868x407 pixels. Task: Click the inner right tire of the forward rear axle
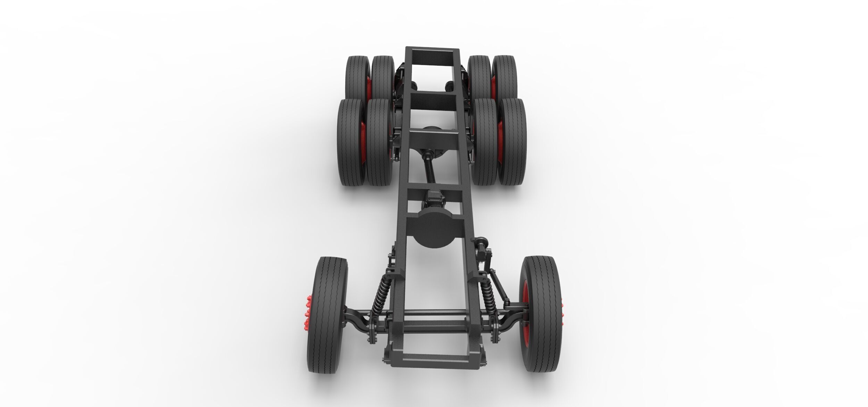[x=485, y=142]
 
